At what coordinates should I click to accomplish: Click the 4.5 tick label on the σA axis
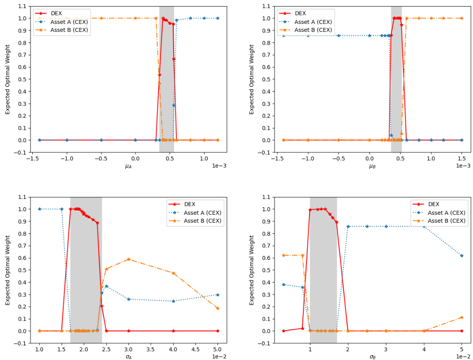(x=196, y=348)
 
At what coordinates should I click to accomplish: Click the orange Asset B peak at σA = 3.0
(x=128, y=259)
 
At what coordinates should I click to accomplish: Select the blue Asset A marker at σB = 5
(x=461, y=255)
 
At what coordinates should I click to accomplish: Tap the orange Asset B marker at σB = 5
(x=461, y=317)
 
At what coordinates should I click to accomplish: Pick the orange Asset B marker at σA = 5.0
(x=217, y=308)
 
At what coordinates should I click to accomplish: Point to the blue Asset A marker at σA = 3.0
(x=128, y=299)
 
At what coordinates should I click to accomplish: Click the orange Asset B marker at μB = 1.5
(x=461, y=18)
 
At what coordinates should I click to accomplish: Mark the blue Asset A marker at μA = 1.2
(x=217, y=18)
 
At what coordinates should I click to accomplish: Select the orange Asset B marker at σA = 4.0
(x=173, y=273)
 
